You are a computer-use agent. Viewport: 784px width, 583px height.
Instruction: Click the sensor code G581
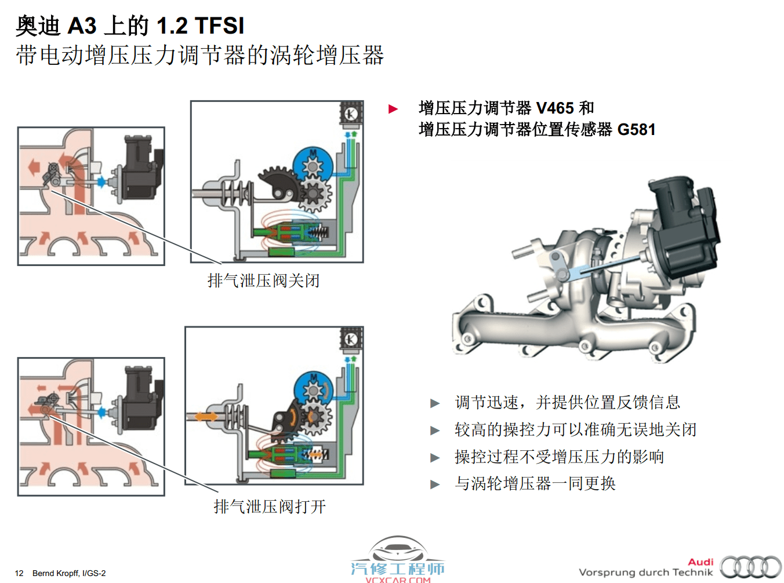[x=636, y=129]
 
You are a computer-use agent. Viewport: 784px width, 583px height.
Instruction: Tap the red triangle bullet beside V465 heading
[x=393, y=109]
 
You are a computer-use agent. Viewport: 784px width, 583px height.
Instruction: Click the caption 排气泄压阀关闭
[x=263, y=281]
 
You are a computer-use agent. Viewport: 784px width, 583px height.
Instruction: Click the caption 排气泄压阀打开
[x=270, y=507]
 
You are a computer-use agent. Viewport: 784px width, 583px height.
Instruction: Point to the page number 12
[x=19, y=573]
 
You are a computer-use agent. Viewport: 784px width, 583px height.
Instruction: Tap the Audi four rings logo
[x=751, y=567]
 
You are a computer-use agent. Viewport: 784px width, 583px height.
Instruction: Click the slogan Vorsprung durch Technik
[x=646, y=573]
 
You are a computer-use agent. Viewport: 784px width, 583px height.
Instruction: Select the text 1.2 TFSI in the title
[x=201, y=25]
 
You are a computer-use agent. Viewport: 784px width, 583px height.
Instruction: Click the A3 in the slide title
[x=82, y=25]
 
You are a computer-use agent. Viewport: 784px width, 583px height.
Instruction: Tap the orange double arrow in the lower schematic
[x=206, y=417]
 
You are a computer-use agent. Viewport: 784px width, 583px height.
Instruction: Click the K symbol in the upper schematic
[x=351, y=114]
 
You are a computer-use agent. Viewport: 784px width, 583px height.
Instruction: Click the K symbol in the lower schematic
[x=351, y=340]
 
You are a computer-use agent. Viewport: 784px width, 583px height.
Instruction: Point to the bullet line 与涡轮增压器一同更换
[x=535, y=483]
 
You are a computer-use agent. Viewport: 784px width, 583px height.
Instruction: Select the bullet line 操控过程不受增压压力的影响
[x=559, y=457]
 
